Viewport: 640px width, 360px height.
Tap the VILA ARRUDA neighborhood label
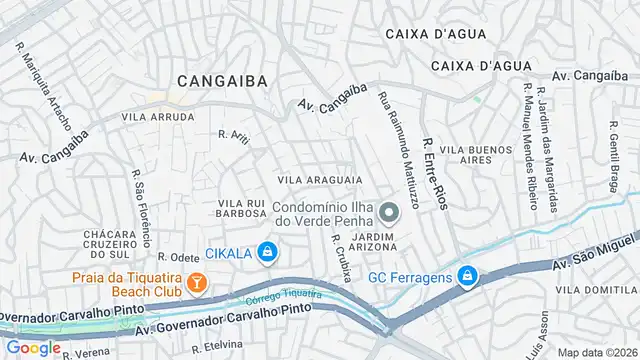[157, 117]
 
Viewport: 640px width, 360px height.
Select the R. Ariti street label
[232, 134]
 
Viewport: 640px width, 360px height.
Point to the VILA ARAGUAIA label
[319, 179]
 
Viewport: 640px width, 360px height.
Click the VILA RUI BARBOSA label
[239, 210]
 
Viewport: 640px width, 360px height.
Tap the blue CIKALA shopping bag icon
[266, 252]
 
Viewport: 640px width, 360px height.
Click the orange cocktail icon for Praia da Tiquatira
[198, 283]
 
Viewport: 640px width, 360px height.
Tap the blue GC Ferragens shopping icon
[466, 276]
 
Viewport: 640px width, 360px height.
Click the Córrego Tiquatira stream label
[284, 296]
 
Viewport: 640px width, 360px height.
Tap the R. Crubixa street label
[340, 257]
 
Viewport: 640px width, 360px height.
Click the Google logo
[34, 347]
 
